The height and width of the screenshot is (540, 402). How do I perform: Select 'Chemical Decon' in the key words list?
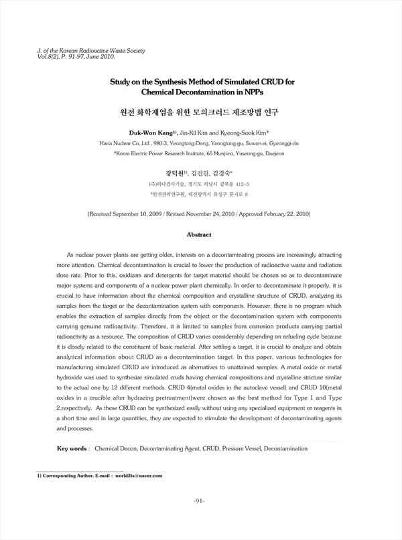click(115, 448)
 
